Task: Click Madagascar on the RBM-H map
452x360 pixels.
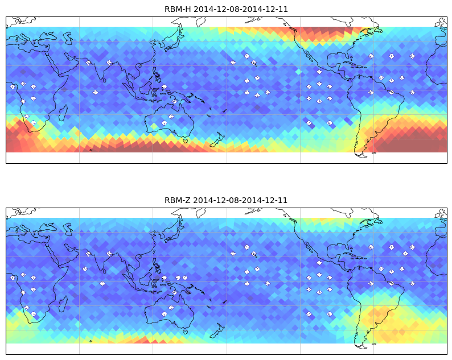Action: [x=63, y=113]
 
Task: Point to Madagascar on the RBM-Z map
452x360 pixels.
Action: [x=63, y=304]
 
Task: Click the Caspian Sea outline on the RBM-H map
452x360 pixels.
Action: [x=68, y=38]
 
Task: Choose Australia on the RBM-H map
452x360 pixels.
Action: [x=170, y=119]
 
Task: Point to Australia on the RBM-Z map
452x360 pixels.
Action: [x=170, y=311]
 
